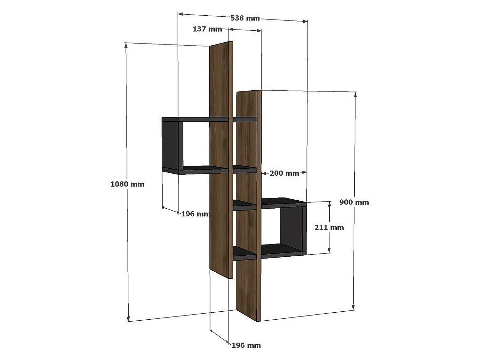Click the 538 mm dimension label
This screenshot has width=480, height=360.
pyautogui.click(x=245, y=18)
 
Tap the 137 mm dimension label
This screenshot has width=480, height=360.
pyautogui.click(x=207, y=29)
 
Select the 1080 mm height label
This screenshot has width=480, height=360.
pyautogui.click(x=127, y=184)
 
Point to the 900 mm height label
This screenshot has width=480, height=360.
pyautogui.click(x=354, y=202)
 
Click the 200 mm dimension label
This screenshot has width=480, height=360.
pyautogui.click(x=284, y=173)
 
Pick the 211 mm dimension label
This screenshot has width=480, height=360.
pyautogui.click(x=329, y=228)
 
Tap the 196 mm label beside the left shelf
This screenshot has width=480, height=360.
pyautogui.click(x=195, y=214)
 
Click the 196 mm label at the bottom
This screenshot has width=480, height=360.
pyautogui.click(x=246, y=345)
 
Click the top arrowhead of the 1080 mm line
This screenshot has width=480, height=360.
pyautogui.click(x=126, y=45)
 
